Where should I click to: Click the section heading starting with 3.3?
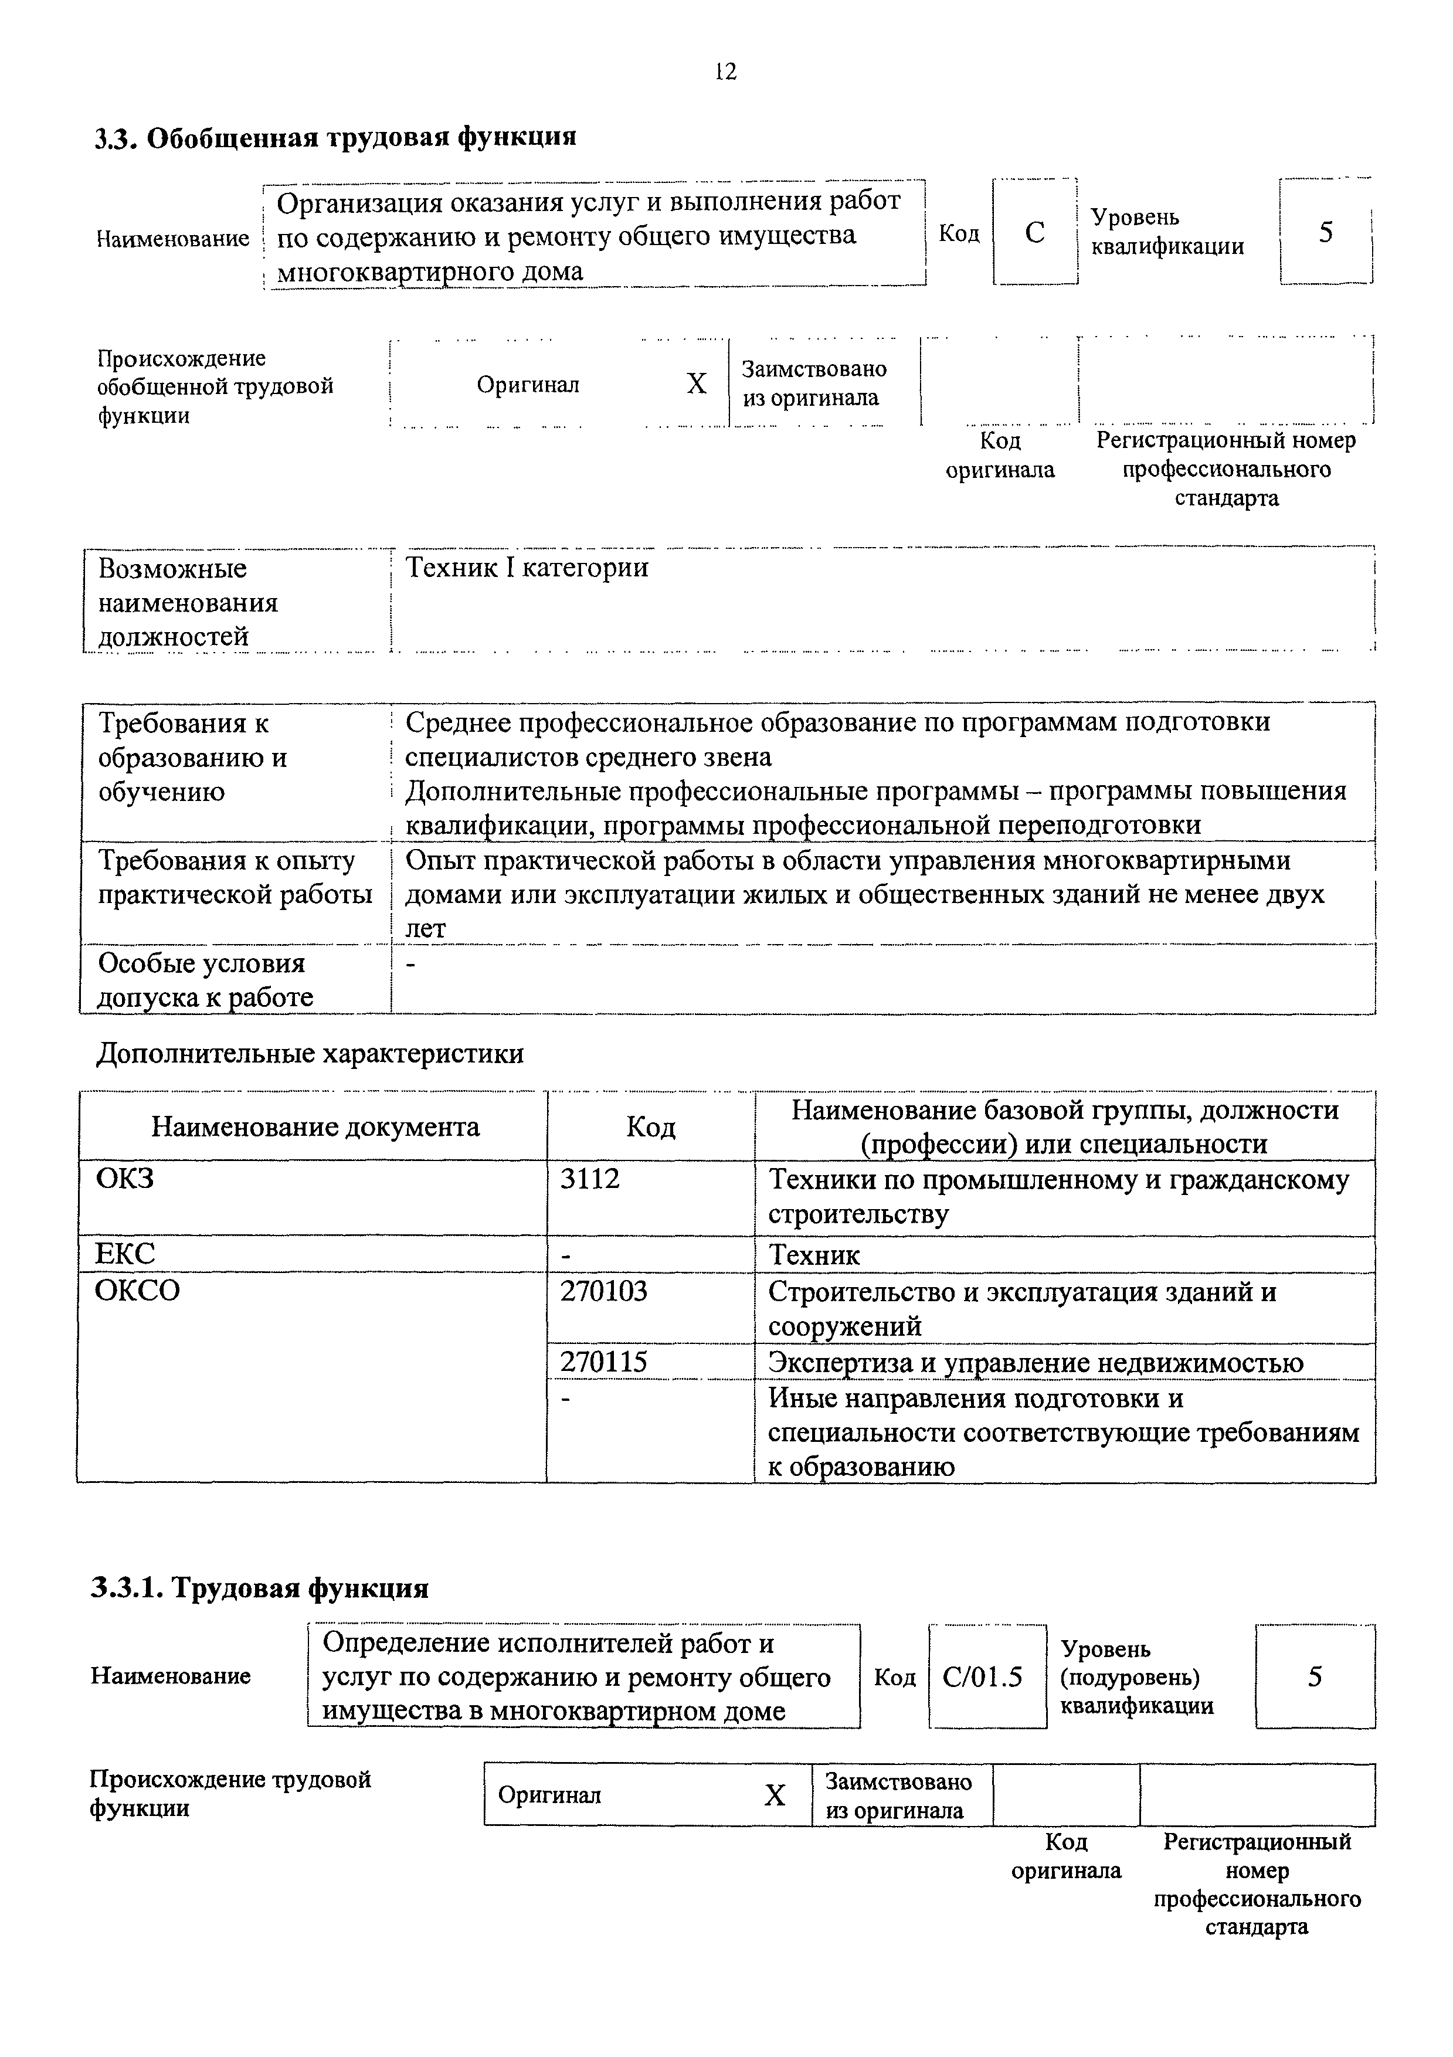(x=336, y=138)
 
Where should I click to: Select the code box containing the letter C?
(x=1035, y=233)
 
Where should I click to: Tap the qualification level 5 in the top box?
(x=1326, y=232)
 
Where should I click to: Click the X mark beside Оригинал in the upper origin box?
(x=696, y=384)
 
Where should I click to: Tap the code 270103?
(x=603, y=1292)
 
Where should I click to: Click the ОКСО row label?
(x=137, y=1291)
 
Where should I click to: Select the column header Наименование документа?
(x=315, y=1127)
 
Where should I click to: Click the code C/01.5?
(x=983, y=1677)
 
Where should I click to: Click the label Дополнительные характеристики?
(x=310, y=1054)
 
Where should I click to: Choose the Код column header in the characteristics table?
(x=650, y=1127)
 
